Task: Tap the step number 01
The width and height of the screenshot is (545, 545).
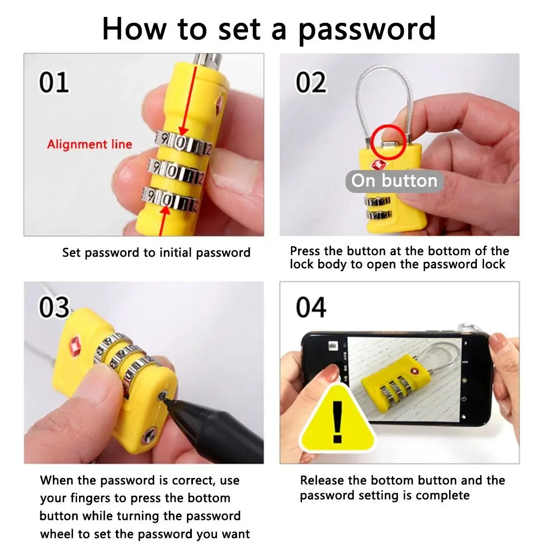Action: tap(54, 82)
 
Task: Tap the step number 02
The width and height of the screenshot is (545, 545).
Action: tap(311, 82)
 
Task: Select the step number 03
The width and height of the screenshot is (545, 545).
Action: tap(54, 308)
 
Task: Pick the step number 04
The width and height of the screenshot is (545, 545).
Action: tap(311, 308)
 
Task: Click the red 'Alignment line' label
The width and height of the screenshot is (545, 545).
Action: tap(89, 144)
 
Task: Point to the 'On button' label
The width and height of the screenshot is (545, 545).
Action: tap(394, 181)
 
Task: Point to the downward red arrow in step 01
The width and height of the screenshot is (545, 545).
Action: tap(182, 104)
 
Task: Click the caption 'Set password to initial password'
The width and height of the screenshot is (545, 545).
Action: tap(156, 253)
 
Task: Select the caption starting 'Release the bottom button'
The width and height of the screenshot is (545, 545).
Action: tap(402, 488)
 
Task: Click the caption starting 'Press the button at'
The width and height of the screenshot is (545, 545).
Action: tap(399, 258)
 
